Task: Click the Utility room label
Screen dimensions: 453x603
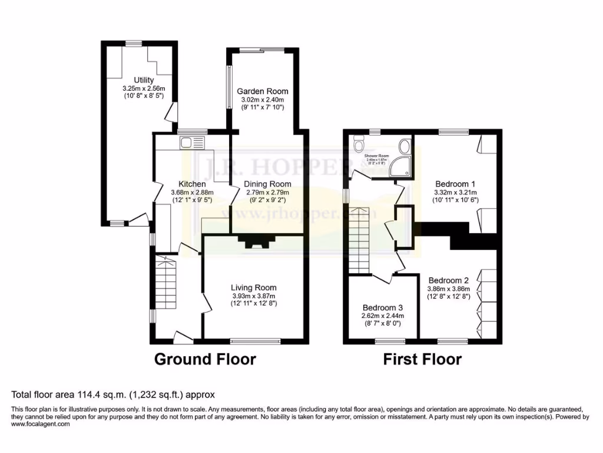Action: point(144,80)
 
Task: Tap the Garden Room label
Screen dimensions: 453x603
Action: point(263,91)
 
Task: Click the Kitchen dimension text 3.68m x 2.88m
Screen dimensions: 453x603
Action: point(192,192)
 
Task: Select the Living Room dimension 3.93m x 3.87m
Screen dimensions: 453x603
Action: point(253,296)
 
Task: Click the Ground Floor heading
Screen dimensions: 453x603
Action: point(205,359)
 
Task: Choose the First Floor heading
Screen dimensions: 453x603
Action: point(422,359)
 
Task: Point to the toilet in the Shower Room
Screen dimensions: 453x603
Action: point(359,144)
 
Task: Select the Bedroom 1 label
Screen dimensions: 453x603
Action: point(455,183)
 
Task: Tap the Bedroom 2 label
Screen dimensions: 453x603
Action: point(448,280)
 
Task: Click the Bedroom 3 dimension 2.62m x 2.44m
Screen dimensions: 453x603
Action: point(383,316)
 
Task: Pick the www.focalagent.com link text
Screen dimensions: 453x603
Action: point(40,424)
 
